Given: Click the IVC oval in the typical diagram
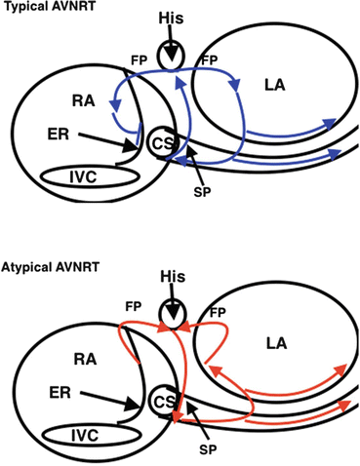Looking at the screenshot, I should tap(89, 178).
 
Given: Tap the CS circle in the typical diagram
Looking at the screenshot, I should tap(162, 143).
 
